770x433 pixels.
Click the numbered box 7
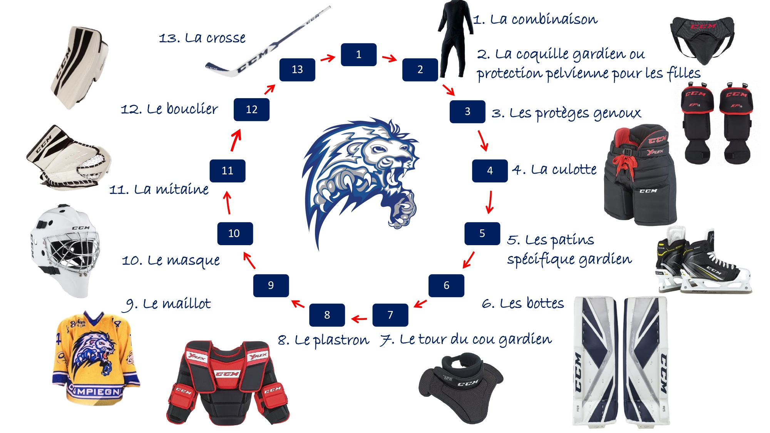(x=390, y=315)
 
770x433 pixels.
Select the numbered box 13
(x=297, y=70)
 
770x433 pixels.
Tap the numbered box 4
(x=490, y=171)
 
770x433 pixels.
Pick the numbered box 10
(x=235, y=234)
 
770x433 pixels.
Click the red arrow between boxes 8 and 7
(x=359, y=319)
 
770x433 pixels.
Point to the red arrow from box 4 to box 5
(x=490, y=202)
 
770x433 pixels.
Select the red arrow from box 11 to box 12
(x=236, y=140)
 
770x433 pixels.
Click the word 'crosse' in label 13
(x=226, y=38)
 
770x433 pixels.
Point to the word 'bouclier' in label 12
(x=192, y=109)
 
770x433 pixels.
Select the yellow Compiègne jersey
(x=96, y=358)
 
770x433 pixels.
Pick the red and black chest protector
(x=228, y=383)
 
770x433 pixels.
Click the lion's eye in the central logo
(x=379, y=149)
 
